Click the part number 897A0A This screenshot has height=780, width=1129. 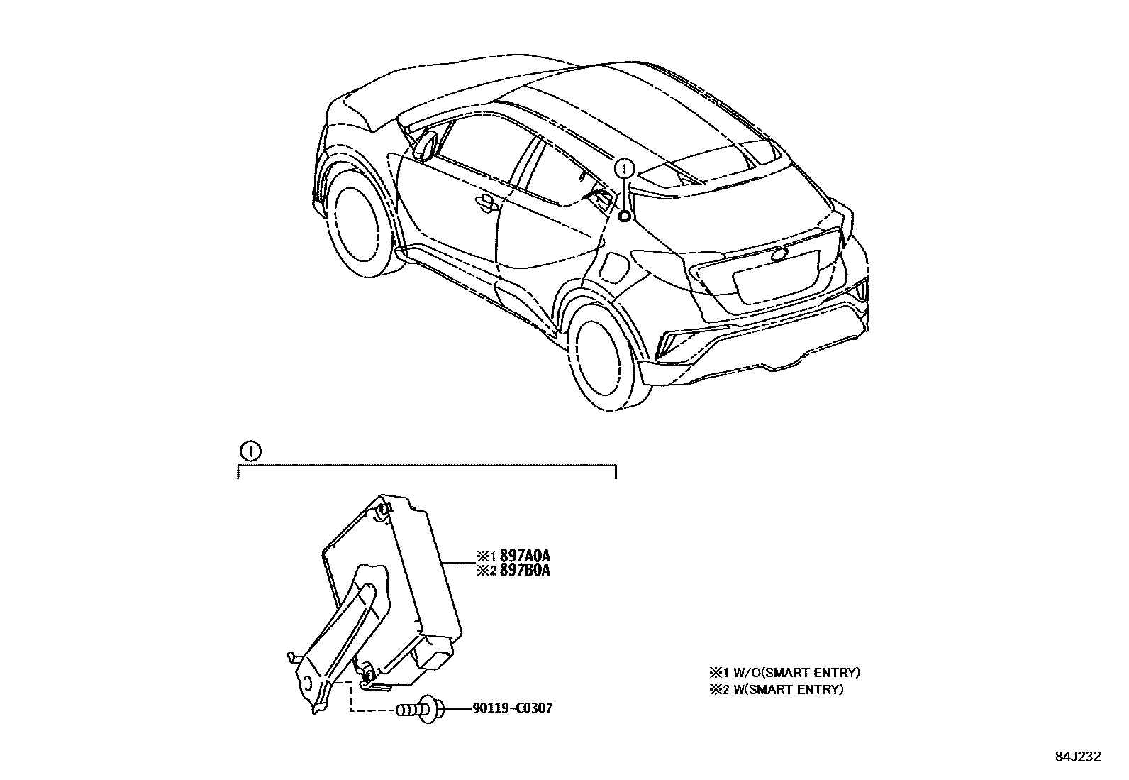pos(525,555)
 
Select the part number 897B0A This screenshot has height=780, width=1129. pos(525,570)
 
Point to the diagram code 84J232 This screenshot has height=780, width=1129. pos(1077,757)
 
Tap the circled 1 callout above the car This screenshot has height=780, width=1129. pos(624,168)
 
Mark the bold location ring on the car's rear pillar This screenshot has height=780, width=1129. pos(624,216)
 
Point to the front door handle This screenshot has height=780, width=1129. pos(486,203)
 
